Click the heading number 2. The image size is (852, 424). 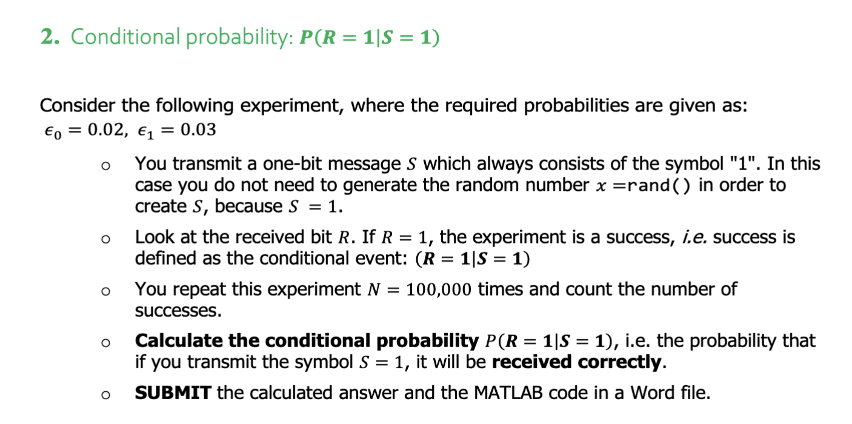tap(49, 38)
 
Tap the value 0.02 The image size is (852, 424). tap(105, 130)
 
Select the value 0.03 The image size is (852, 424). tap(198, 130)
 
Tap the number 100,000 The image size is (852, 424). tap(439, 290)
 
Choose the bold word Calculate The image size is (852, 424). tap(179, 341)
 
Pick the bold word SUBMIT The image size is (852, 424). tap(173, 393)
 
